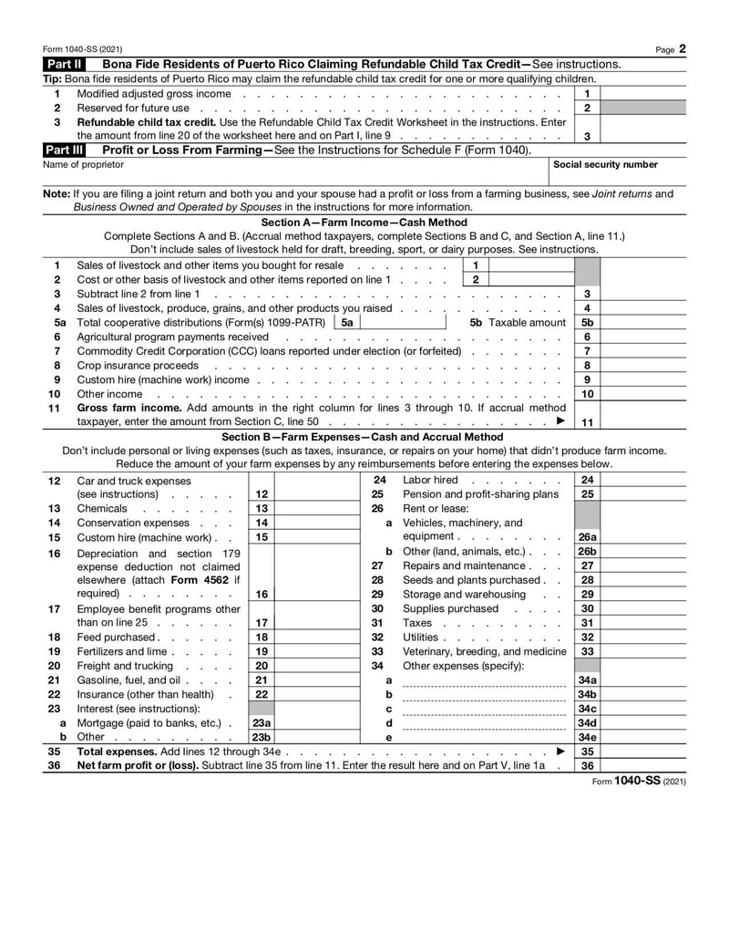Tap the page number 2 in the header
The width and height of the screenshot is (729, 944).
(682, 48)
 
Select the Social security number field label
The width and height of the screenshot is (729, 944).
(605, 165)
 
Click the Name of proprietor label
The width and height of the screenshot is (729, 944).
(84, 165)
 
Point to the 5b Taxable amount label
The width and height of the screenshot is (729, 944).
(518, 322)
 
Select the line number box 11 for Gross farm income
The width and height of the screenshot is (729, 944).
(587, 422)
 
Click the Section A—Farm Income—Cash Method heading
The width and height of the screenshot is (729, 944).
(364, 222)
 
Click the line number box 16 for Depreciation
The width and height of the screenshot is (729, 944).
(262, 594)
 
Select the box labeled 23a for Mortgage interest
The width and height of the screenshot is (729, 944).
(262, 722)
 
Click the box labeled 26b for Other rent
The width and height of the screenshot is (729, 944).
(587, 551)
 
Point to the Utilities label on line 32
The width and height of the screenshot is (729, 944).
(421, 637)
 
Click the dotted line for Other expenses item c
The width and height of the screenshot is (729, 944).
(483, 710)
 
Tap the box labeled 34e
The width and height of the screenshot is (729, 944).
(587, 736)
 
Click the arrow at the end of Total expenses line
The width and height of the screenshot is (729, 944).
(560, 751)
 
